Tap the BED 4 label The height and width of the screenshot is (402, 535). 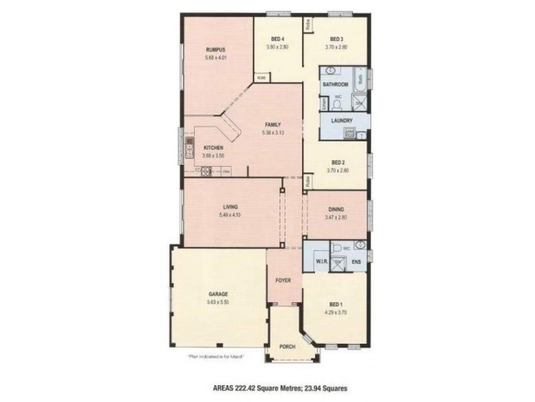[279, 39]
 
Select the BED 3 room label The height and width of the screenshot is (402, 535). [336, 39]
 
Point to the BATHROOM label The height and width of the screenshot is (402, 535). [335, 85]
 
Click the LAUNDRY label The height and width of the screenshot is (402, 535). [341, 121]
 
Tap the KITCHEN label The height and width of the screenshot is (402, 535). [213, 147]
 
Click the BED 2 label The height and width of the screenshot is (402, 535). [338, 162]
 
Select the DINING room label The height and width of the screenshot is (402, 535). [336, 210]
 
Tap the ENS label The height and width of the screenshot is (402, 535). [356, 261]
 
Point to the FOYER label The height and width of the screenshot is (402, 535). [284, 280]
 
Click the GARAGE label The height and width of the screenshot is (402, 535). [218, 295]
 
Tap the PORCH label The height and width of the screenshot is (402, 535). [287, 346]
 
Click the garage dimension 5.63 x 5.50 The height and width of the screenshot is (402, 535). [218, 303]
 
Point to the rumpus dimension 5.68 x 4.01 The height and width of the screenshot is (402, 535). [216, 58]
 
